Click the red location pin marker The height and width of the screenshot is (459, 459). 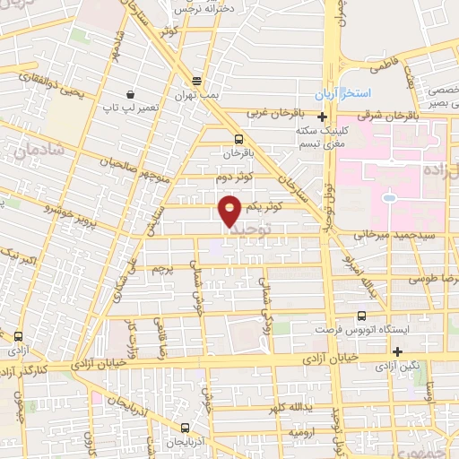[x=230, y=211]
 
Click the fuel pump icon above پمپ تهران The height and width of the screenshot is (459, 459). [x=196, y=80]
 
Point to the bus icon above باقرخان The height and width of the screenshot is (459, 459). [x=238, y=139]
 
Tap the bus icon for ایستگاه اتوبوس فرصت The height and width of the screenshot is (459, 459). [x=361, y=316]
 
